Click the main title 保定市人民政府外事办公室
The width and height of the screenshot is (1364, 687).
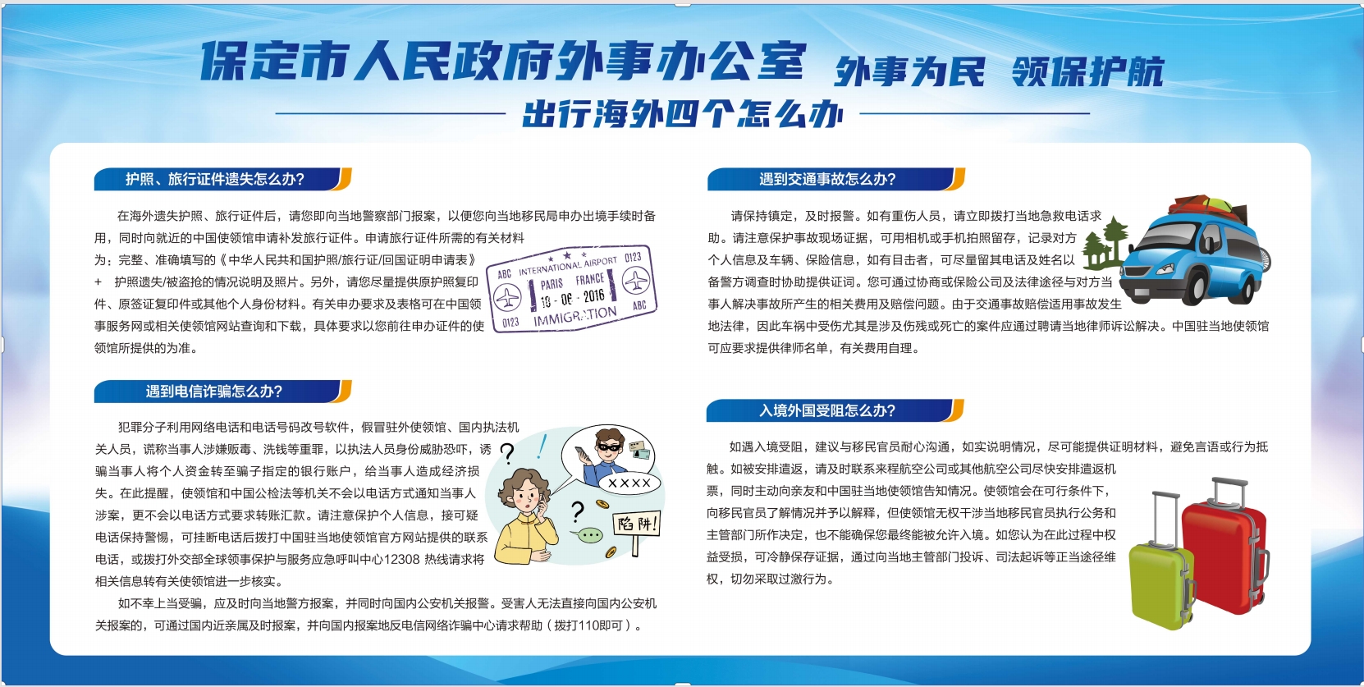pyautogui.click(x=504, y=61)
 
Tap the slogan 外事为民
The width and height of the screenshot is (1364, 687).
pyautogui.click(x=909, y=72)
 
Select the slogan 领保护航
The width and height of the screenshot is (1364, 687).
pyautogui.click(x=1087, y=72)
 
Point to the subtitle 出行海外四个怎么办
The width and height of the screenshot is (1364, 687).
pyautogui.click(x=683, y=114)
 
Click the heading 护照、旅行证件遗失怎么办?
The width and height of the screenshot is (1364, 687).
pyautogui.click(x=215, y=179)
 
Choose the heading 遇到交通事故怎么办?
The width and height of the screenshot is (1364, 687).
pyautogui.click(x=827, y=179)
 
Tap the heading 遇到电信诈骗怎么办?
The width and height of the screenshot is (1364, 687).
pyautogui.click(x=213, y=391)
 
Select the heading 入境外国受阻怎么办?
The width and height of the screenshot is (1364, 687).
pyautogui.click(x=827, y=410)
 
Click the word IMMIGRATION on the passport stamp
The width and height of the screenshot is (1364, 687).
pyautogui.click(x=575, y=316)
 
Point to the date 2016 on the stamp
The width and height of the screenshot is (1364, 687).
pyautogui.click(x=593, y=296)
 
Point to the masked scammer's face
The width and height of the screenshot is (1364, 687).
pyautogui.click(x=609, y=446)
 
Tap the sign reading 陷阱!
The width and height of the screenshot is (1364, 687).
pyautogui.click(x=636, y=524)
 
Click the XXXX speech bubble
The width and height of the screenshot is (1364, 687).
pyautogui.click(x=629, y=483)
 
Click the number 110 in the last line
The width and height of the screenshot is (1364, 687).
pyautogui.click(x=598, y=625)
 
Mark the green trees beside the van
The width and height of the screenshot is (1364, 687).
pyautogui.click(x=1104, y=244)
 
